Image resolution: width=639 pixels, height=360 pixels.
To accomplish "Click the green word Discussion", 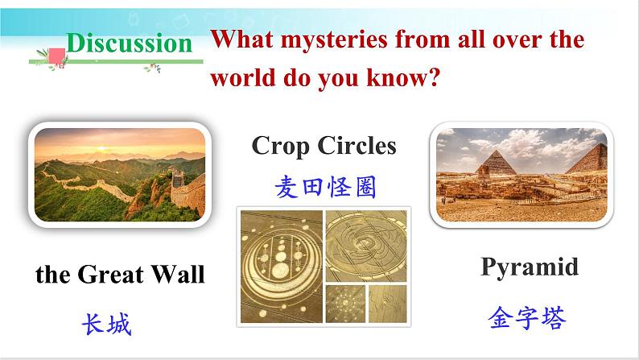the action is tap(130, 43).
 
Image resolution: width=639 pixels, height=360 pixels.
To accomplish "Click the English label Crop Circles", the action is tap(324, 146).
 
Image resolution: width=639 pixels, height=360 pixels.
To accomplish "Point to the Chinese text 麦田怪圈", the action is tap(325, 187).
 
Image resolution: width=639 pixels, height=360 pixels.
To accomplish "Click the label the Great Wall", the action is tap(120, 274).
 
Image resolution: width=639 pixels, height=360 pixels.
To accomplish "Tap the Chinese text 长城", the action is tap(106, 324).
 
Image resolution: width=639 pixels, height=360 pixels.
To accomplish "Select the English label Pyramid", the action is tap(530, 267).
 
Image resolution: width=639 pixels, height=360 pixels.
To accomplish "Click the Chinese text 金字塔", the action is tap(527, 317).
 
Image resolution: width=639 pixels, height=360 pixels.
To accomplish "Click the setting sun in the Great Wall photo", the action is tap(102, 148).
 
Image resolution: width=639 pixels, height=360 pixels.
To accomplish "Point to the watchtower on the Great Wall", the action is tap(178, 179).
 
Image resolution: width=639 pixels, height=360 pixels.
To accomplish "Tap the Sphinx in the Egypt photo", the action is tap(484, 173).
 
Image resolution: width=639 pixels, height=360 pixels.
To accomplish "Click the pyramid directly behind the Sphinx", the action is tap(496, 163).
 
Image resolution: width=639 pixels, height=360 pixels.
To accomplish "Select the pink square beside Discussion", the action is tap(57, 56).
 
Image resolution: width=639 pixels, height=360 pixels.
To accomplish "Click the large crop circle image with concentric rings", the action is tap(281, 267).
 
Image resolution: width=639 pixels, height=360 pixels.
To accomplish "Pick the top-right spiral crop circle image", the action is tap(366, 246).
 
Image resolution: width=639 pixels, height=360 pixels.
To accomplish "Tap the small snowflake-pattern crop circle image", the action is tap(345, 304).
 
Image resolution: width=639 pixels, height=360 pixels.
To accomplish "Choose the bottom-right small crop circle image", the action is tap(388, 304).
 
